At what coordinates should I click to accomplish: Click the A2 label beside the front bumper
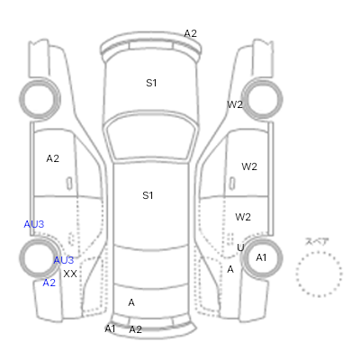[x=190, y=33]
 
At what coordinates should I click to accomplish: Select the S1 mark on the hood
[x=151, y=83]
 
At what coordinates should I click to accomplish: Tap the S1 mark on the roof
[x=148, y=195]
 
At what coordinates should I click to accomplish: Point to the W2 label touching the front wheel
[x=235, y=104]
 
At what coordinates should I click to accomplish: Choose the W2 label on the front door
[x=249, y=166]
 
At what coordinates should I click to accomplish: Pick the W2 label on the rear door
[x=243, y=217]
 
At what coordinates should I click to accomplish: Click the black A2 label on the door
[x=52, y=158]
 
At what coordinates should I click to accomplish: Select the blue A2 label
[x=49, y=283]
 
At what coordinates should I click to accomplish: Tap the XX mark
[x=70, y=274]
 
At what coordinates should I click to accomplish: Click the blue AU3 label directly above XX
[x=64, y=260]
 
